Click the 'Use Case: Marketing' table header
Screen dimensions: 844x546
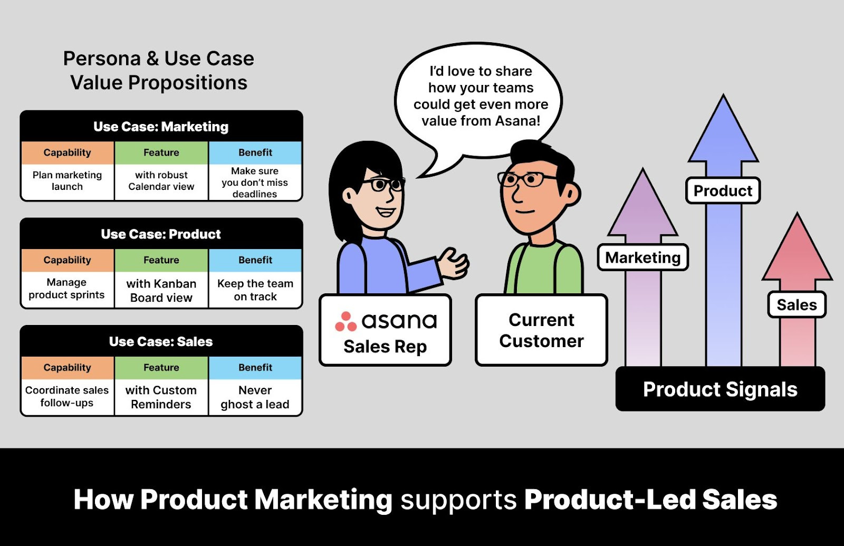(161, 127)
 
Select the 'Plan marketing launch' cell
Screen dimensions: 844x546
(67, 181)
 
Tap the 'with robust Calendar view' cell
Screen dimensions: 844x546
(161, 181)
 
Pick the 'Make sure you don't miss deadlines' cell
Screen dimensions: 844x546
(255, 182)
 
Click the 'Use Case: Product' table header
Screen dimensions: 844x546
(161, 234)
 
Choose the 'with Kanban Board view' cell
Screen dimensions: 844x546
(161, 291)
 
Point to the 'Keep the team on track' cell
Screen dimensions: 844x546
(255, 290)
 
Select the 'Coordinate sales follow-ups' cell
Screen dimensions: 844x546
(67, 397)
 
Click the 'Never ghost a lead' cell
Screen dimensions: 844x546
(255, 397)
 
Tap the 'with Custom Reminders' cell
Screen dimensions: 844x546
(161, 397)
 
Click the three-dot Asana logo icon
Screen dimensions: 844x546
(346, 321)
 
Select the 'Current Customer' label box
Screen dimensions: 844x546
(541, 330)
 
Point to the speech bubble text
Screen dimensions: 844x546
(481, 96)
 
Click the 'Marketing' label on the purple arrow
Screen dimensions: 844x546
(642, 257)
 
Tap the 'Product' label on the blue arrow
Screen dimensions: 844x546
(723, 190)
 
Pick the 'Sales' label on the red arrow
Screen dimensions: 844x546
(797, 305)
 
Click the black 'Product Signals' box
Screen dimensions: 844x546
(720, 389)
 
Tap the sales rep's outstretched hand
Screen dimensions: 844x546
(454, 262)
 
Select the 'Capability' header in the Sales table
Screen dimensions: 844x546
(67, 368)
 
